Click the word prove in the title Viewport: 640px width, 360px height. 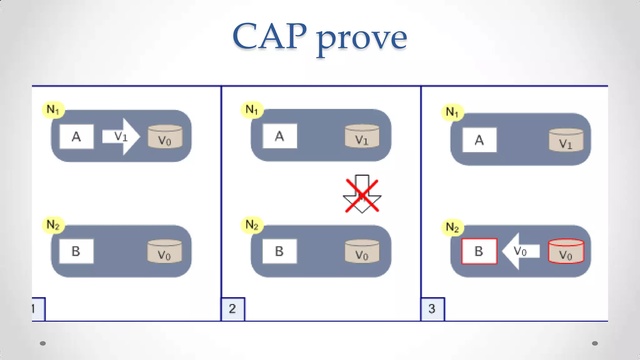point(362,39)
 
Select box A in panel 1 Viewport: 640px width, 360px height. point(77,137)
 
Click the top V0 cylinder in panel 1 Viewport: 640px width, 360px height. point(165,137)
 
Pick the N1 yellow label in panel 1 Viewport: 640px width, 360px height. point(53,110)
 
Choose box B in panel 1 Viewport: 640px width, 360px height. point(76,251)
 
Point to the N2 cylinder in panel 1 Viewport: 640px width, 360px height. point(164,251)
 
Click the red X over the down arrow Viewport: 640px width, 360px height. point(362,196)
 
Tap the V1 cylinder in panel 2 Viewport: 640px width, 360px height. point(362,136)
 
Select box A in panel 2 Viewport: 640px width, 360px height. point(280,136)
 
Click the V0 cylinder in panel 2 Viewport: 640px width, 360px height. point(362,251)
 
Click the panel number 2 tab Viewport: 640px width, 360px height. point(233,309)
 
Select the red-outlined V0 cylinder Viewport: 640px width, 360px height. point(566,252)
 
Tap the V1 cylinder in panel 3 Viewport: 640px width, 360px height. point(566,140)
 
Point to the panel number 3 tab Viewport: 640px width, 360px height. point(432,309)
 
